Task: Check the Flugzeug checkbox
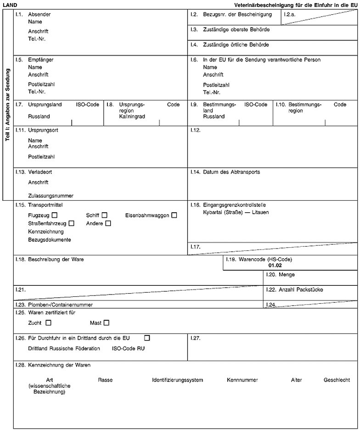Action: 55,215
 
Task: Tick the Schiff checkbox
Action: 105,215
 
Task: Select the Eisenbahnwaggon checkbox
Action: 174,215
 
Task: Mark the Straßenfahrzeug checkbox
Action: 71,223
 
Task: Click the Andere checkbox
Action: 108,223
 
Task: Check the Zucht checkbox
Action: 48,323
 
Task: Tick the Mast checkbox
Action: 107,323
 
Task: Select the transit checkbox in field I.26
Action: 147,339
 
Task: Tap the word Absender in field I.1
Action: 39,15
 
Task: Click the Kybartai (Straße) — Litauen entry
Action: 236,212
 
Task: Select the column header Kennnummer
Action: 242,380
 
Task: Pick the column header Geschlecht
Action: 337,380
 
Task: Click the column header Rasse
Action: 105,380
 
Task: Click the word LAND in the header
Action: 10,4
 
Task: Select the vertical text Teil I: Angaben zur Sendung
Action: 8,105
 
